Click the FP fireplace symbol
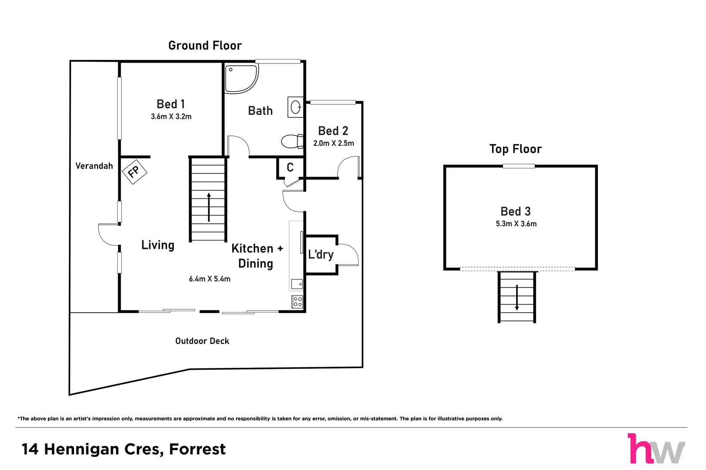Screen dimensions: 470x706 [x=134, y=171]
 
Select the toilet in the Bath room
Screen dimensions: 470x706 [x=291, y=141]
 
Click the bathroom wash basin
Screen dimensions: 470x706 [x=296, y=107]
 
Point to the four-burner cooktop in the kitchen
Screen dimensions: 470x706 [x=297, y=302]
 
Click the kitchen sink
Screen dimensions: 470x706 [x=297, y=284]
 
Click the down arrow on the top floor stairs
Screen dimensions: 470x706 [x=517, y=298]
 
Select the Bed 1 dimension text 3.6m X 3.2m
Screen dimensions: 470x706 [x=171, y=117]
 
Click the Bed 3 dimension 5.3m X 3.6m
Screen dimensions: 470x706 [x=516, y=224]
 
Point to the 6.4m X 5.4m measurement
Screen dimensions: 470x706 [x=209, y=279]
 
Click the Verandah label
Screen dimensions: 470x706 [x=94, y=166]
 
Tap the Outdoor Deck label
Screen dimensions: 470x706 [x=202, y=341]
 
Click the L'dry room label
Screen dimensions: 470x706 [x=321, y=255]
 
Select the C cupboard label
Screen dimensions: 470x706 [x=290, y=168]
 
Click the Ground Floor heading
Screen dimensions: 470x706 [x=205, y=46]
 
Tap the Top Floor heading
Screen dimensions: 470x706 [x=515, y=149]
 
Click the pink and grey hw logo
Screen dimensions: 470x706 [x=656, y=449]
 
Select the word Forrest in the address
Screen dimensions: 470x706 [x=197, y=449]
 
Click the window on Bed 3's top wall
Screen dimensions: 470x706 [x=519, y=166]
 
